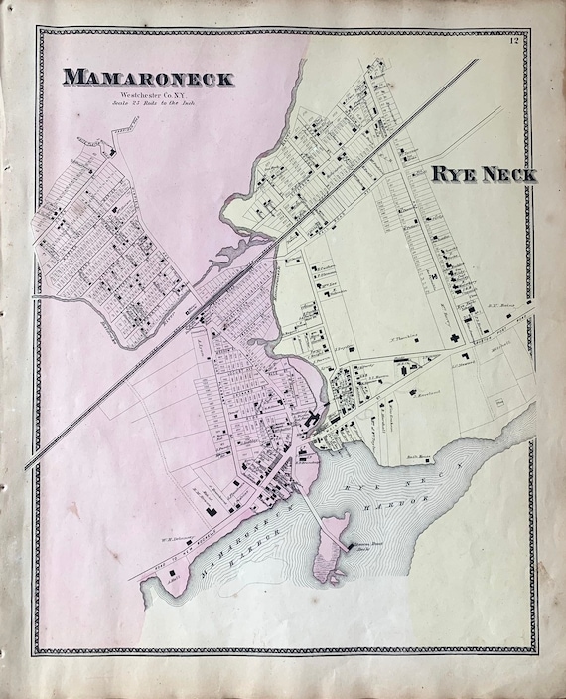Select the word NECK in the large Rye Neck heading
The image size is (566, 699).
pos(505,175)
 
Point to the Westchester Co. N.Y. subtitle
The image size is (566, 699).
pos(146,94)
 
